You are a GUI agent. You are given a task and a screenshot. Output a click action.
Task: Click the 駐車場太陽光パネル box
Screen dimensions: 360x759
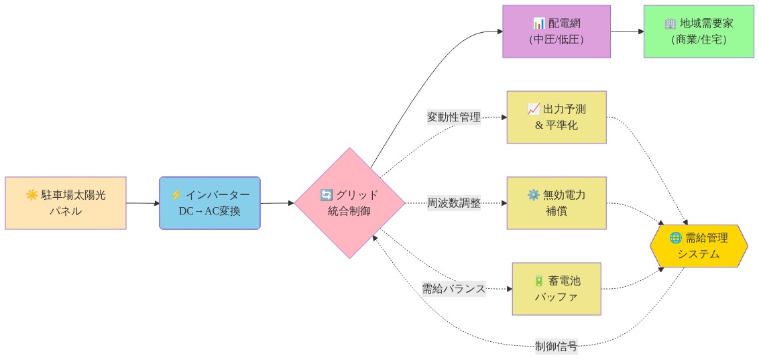point(65,203)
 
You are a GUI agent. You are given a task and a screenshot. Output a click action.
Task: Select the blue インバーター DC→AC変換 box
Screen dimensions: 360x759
point(209,203)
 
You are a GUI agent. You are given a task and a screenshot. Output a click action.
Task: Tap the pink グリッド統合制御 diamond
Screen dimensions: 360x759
point(349,203)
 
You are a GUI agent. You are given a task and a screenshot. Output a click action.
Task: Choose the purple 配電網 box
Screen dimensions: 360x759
point(557,32)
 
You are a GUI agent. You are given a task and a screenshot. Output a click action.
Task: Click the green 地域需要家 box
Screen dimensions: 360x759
point(698,32)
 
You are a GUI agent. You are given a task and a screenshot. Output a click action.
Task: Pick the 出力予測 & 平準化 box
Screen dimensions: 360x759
point(556,117)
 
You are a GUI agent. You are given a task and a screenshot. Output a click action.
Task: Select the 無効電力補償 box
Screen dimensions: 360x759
point(556,203)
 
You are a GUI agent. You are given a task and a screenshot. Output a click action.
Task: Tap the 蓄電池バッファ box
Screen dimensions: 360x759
point(556,289)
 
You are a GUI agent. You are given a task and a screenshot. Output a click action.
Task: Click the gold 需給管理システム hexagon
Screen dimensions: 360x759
point(698,246)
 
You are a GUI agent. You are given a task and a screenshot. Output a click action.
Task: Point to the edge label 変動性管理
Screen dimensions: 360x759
point(454,117)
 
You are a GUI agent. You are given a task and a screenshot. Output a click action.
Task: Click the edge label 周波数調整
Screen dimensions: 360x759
point(454,203)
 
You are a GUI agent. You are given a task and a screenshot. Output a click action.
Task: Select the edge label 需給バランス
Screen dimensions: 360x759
point(453,289)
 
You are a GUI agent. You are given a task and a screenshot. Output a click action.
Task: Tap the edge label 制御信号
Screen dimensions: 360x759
point(556,347)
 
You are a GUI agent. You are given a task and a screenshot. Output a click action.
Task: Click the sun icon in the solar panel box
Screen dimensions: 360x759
point(32,195)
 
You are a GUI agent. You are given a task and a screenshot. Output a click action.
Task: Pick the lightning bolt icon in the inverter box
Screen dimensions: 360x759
point(176,195)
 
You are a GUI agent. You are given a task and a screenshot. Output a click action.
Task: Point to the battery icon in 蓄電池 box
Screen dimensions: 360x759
point(538,281)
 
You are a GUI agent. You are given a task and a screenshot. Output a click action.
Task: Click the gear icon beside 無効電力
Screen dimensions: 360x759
point(534,195)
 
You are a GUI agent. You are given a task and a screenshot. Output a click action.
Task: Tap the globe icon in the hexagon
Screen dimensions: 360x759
point(675,238)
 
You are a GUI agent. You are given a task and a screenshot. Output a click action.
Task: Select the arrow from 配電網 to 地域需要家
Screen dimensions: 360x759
point(627,32)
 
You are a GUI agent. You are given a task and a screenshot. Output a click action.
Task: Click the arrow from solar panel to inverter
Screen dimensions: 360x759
point(143,203)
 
